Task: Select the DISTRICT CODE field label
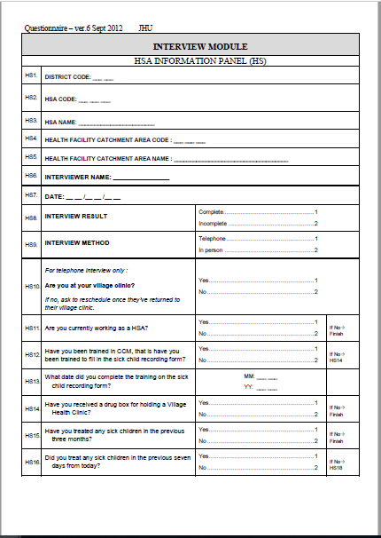pos(67,77)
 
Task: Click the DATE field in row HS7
pos(82,196)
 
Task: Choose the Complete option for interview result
pos(212,212)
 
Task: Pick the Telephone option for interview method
pos(213,239)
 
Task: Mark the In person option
pos(213,250)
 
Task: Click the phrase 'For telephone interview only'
pos(86,270)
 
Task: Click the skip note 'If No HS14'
pos(338,357)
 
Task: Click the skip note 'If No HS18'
pos(338,464)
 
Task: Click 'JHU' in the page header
pos(146,28)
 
